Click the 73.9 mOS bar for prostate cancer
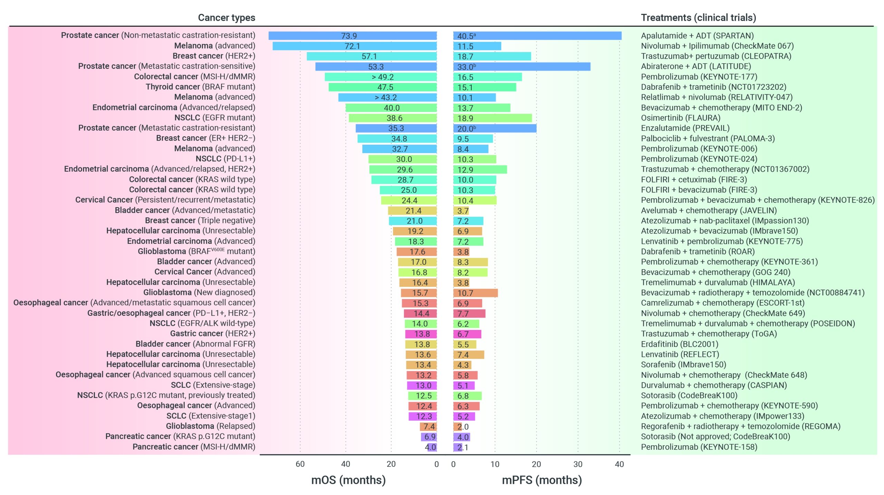352,36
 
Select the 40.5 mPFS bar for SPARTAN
537,36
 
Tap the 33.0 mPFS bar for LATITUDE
521,67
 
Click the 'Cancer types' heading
227,18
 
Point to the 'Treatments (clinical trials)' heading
698,18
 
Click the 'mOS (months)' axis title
348,480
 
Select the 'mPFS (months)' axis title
541,480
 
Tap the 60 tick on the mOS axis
300,464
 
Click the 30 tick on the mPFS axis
578,464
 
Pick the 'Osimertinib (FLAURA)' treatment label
680,118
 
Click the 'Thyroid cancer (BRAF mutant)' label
200,87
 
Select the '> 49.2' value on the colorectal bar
383,77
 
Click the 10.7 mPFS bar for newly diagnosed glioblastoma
475,293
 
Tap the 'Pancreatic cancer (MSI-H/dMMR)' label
194,447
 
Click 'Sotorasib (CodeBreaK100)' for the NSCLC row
689,395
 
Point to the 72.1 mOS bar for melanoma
354,46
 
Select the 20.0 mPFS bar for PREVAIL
494,128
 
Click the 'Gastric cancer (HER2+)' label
212,333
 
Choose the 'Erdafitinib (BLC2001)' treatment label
679,344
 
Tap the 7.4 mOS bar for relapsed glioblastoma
428,427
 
